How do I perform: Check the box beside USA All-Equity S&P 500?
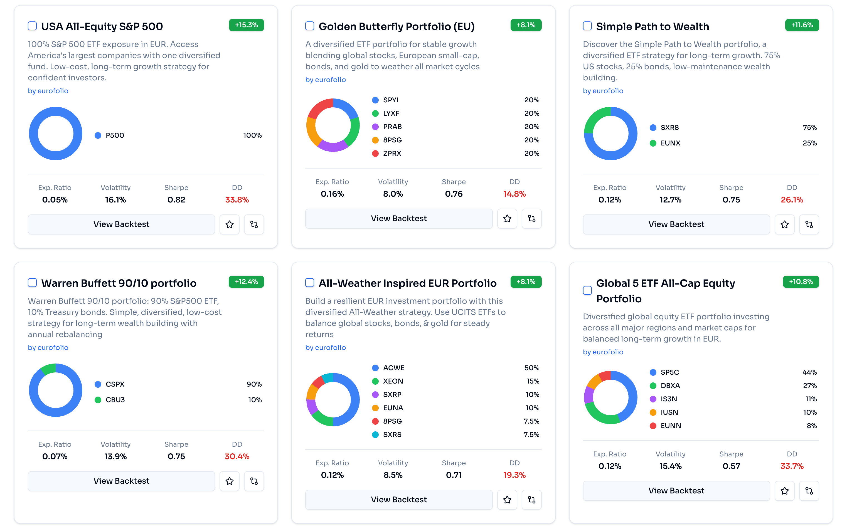tap(32, 26)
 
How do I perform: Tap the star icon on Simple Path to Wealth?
tap(784, 224)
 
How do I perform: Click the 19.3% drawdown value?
tap(514, 475)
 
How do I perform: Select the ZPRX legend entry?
tap(392, 153)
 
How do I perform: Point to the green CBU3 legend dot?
tap(98, 400)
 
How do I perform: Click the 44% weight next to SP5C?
tap(809, 372)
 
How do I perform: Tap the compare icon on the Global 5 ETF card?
tap(809, 491)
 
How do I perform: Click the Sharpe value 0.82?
tap(176, 199)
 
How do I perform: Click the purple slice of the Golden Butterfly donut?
tap(332, 147)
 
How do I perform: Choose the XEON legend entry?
tap(393, 381)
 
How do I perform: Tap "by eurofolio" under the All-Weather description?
tap(326, 347)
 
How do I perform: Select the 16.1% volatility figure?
tap(115, 199)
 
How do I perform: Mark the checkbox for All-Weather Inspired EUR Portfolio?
tap(310, 283)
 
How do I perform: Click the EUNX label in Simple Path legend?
tap(670, 143)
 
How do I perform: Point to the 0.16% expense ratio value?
tap(332, 194)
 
